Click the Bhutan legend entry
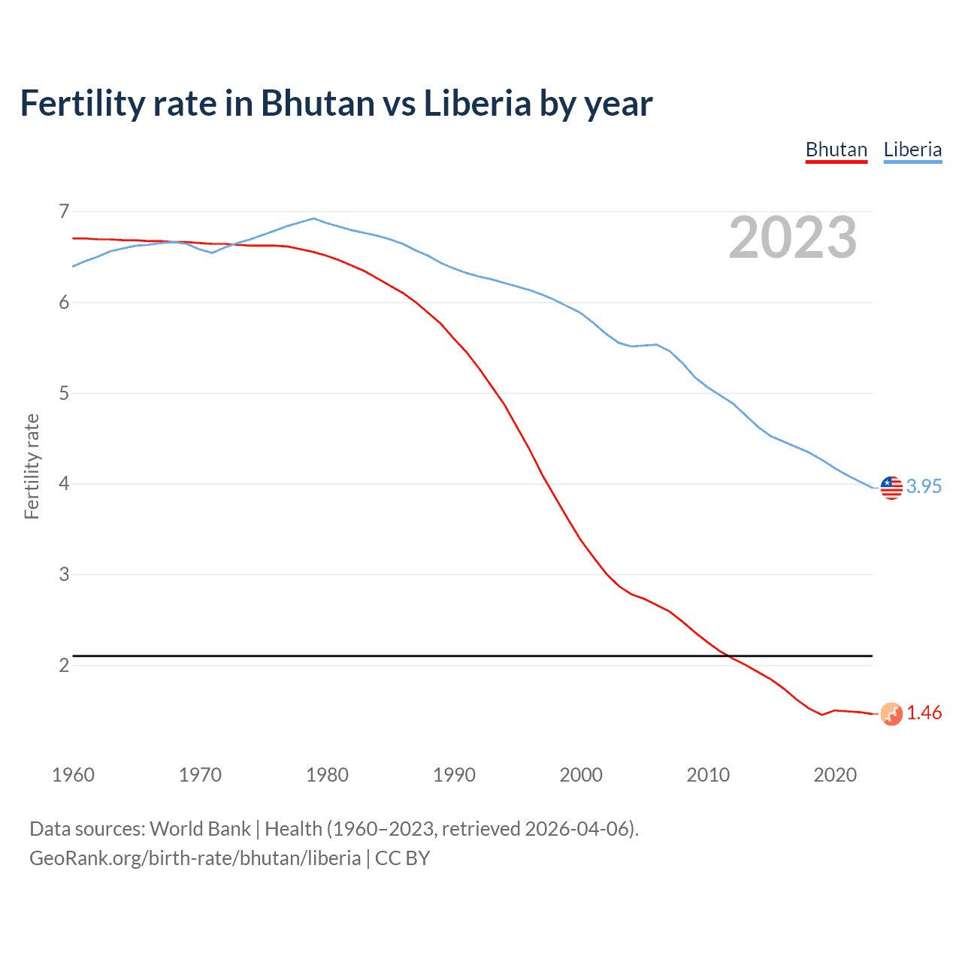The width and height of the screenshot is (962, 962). (836, 150)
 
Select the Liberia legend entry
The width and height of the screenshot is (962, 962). (912, 150)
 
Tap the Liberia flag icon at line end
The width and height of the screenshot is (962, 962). (891, 487)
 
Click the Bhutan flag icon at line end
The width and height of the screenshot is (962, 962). (891, 713)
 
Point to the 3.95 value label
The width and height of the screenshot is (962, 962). (924, 486)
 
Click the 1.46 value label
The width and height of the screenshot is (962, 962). (924, 712)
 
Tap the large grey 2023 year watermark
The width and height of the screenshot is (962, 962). (793, 237)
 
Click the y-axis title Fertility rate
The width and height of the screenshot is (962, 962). (32, 466)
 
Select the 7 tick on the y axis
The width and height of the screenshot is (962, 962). (64, 211)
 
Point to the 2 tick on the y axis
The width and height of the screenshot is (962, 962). (64, 665)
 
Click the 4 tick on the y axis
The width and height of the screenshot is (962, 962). (64, 483)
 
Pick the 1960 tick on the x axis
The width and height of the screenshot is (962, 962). (73, 775)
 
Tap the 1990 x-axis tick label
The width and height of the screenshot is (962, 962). (454, 775)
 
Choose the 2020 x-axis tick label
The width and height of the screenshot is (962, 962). (835, 775)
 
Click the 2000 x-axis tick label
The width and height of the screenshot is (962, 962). (581, 775)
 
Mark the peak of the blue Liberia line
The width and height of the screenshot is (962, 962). (314, 219)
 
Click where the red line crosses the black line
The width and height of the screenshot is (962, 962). (728, 656)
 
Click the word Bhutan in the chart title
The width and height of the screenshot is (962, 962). (317, 103)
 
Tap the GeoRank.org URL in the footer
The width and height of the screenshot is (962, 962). (195, 858)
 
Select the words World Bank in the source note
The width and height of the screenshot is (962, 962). (200, 829)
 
